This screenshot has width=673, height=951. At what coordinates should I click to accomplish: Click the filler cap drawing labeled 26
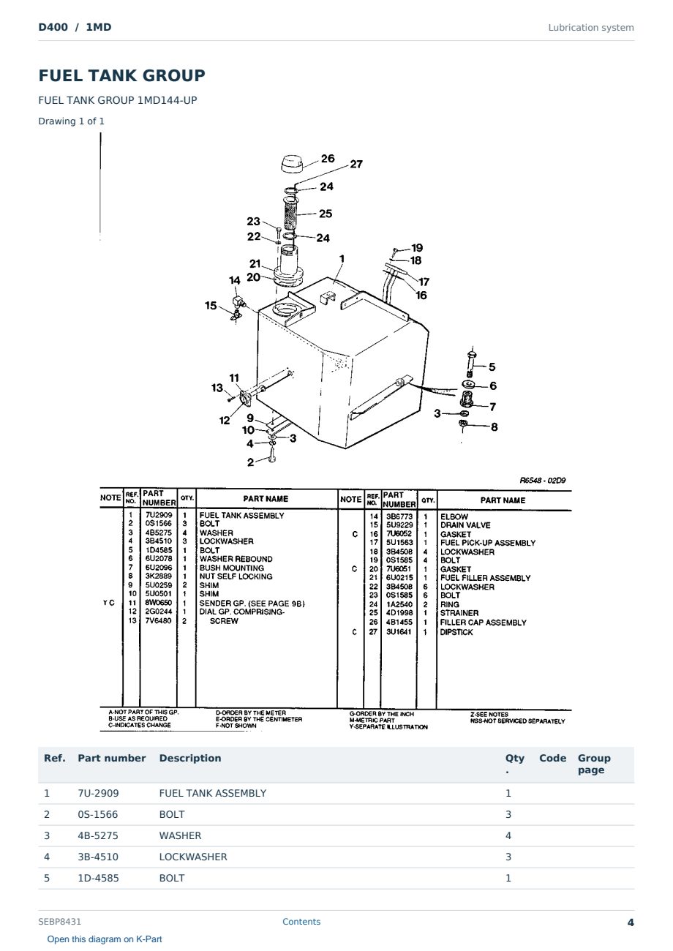pos(291,164)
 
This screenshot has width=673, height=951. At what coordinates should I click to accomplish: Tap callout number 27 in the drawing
pos(356,165)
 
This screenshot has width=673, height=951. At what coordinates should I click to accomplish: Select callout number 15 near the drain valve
pos(211,305)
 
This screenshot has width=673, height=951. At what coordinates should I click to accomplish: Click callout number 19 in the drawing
pos(417,247)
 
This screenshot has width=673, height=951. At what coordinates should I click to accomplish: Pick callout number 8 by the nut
pos(495,426)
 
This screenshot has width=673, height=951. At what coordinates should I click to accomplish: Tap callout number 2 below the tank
pos(250,462)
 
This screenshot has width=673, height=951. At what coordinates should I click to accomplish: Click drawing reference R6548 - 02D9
pos(543,480)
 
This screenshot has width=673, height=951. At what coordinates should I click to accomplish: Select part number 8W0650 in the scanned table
pos(159,603)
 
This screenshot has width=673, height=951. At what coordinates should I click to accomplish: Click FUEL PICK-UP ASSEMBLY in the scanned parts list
pos(488,543)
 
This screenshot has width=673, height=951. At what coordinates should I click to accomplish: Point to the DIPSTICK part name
pos(456,632)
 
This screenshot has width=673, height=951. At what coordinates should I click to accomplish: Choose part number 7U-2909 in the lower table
pos(98,793)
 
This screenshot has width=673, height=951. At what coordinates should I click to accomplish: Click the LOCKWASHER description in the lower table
pos(193,857)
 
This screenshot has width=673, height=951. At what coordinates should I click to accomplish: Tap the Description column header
pos(190,758)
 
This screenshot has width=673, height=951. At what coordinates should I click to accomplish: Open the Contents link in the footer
pos(301,922)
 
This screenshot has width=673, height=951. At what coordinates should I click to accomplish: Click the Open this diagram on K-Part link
pos(105,939)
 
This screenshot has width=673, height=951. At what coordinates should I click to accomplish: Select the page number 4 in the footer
pos(631,922)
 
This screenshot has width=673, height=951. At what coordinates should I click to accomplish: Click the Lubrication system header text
pos(591,28)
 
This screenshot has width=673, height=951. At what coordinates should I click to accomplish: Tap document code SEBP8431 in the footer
pos(59,922)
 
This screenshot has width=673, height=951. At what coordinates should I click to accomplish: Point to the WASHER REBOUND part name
pos(236,559)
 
